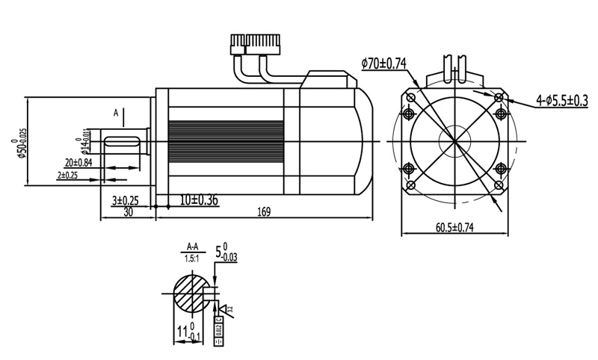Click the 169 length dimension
[263, 212]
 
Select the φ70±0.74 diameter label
[383, 64]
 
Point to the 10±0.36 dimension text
[199, 200]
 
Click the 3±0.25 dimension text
[125, 200]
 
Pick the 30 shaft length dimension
[129, 212]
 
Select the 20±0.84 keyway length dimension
[78, 162]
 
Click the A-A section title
[192, 246]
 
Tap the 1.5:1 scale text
[192, 257]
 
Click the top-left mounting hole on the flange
[410, 114]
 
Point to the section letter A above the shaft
[116, 113]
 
